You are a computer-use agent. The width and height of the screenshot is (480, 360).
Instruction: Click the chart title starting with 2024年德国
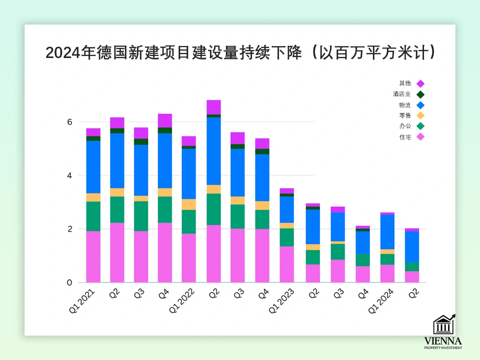[x=240, y=52]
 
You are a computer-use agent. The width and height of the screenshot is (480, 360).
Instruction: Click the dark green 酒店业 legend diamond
[x=420, y=94]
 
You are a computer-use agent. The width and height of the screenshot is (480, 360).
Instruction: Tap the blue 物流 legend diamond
[x=420, y=105]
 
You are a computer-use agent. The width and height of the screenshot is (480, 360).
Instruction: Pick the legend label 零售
[x=405, y=115]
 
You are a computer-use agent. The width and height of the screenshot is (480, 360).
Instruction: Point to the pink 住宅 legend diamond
[x=420, y=137]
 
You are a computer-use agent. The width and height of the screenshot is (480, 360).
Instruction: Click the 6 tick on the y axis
[x=70, y=122]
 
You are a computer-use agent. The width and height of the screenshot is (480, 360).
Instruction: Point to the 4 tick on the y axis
[x=70, y=175]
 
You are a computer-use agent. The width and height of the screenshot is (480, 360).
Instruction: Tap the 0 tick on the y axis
[x=70, y=282]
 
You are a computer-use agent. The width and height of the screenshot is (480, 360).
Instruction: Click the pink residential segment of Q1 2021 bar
[x=93, y=256]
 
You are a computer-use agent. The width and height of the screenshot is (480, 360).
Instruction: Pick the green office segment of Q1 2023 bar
[x=286, y=237]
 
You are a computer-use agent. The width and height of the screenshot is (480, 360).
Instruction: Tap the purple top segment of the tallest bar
[x=213, y=107]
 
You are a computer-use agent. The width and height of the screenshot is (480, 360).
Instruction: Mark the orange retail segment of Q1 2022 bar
[x=189, y=204]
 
